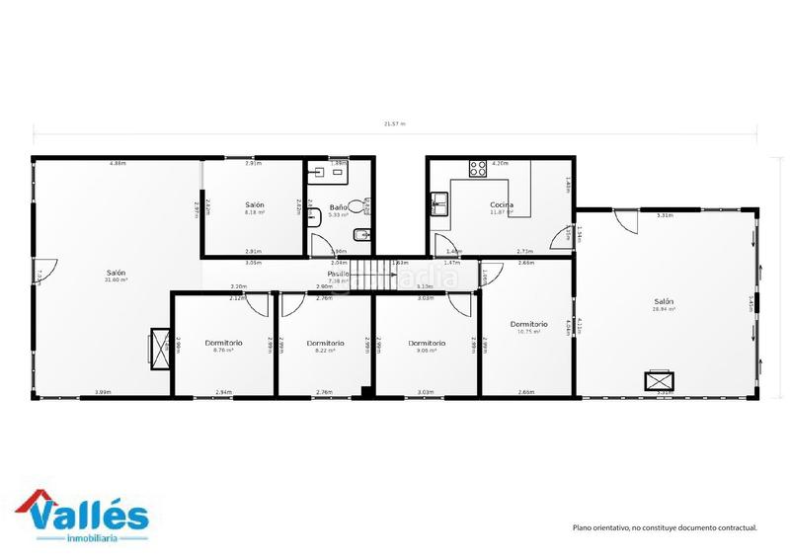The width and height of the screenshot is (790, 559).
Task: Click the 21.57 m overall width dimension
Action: [395, 124]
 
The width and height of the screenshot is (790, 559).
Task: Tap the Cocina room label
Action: [502, 204]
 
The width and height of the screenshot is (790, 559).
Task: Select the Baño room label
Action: [338, 207]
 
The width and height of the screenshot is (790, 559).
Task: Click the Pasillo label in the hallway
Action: [339, 274]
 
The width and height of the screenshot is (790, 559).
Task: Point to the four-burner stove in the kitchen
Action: [478, 169]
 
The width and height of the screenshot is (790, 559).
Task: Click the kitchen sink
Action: [437, 204]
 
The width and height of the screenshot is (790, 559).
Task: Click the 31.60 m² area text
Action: [117, 280]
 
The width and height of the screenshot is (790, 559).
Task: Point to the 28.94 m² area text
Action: [663, 309]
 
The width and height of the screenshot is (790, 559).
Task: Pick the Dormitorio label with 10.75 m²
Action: [528, 324]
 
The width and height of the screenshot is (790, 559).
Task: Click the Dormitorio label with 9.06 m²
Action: [427, 343]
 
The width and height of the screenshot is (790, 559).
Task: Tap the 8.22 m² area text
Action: [325, 351]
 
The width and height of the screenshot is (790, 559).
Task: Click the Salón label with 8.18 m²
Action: [255, 203]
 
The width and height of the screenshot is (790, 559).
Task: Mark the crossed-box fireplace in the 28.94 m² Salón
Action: [658, 380]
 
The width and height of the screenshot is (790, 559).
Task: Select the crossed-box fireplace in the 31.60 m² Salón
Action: [158, 349]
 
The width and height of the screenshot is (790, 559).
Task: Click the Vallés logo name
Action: [90, 515]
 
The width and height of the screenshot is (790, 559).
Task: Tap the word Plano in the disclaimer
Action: [584, 528]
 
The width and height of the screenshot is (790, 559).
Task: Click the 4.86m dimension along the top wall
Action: [118, 162]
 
